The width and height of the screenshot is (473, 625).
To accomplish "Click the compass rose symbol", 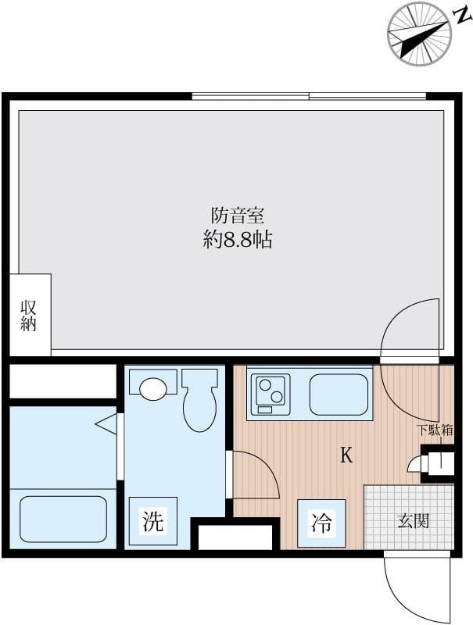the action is (x=419, y=34).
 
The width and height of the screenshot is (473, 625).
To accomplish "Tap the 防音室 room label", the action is (x=238, y=216).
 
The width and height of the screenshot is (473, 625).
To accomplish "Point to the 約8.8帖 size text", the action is (x=238, y=240).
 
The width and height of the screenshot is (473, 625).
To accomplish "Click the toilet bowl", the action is (x=200, y=400).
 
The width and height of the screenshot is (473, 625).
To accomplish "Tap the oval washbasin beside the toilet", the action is (x=152, y=388).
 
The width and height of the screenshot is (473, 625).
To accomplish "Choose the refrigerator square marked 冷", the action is (x=321, y=523).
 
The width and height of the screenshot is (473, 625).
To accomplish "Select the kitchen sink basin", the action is (x=339, y=395).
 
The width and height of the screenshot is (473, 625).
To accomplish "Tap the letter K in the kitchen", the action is (x=346, y=455).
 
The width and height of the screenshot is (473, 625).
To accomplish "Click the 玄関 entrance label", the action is (x=413, y=520).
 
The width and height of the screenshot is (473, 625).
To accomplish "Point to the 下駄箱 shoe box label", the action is (x=435, y=430).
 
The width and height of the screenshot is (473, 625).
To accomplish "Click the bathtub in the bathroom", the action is (x=63, y=519).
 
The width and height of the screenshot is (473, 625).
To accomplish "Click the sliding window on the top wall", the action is (x=309, y=96).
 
